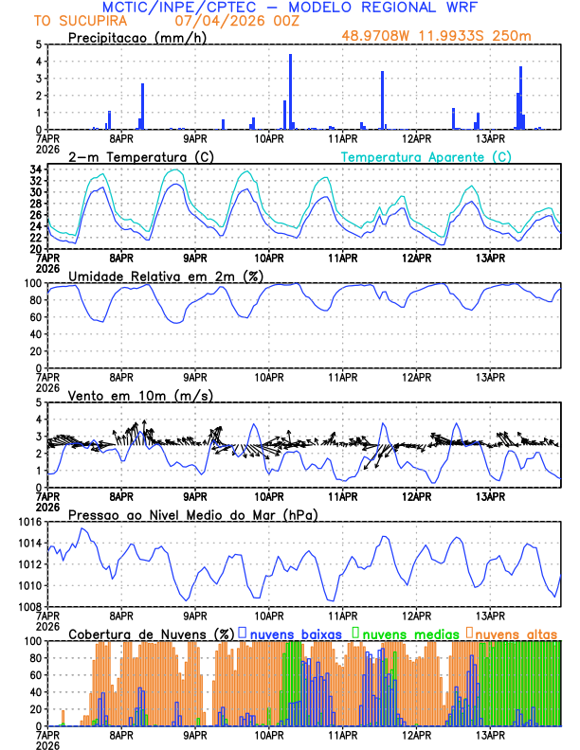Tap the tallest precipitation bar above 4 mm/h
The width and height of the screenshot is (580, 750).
[x=290, y=91]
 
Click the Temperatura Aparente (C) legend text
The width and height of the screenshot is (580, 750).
[x=426, y=156]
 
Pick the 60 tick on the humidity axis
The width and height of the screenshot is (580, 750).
[x=32, y=317]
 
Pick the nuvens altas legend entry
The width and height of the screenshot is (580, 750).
[x=517, y=633]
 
